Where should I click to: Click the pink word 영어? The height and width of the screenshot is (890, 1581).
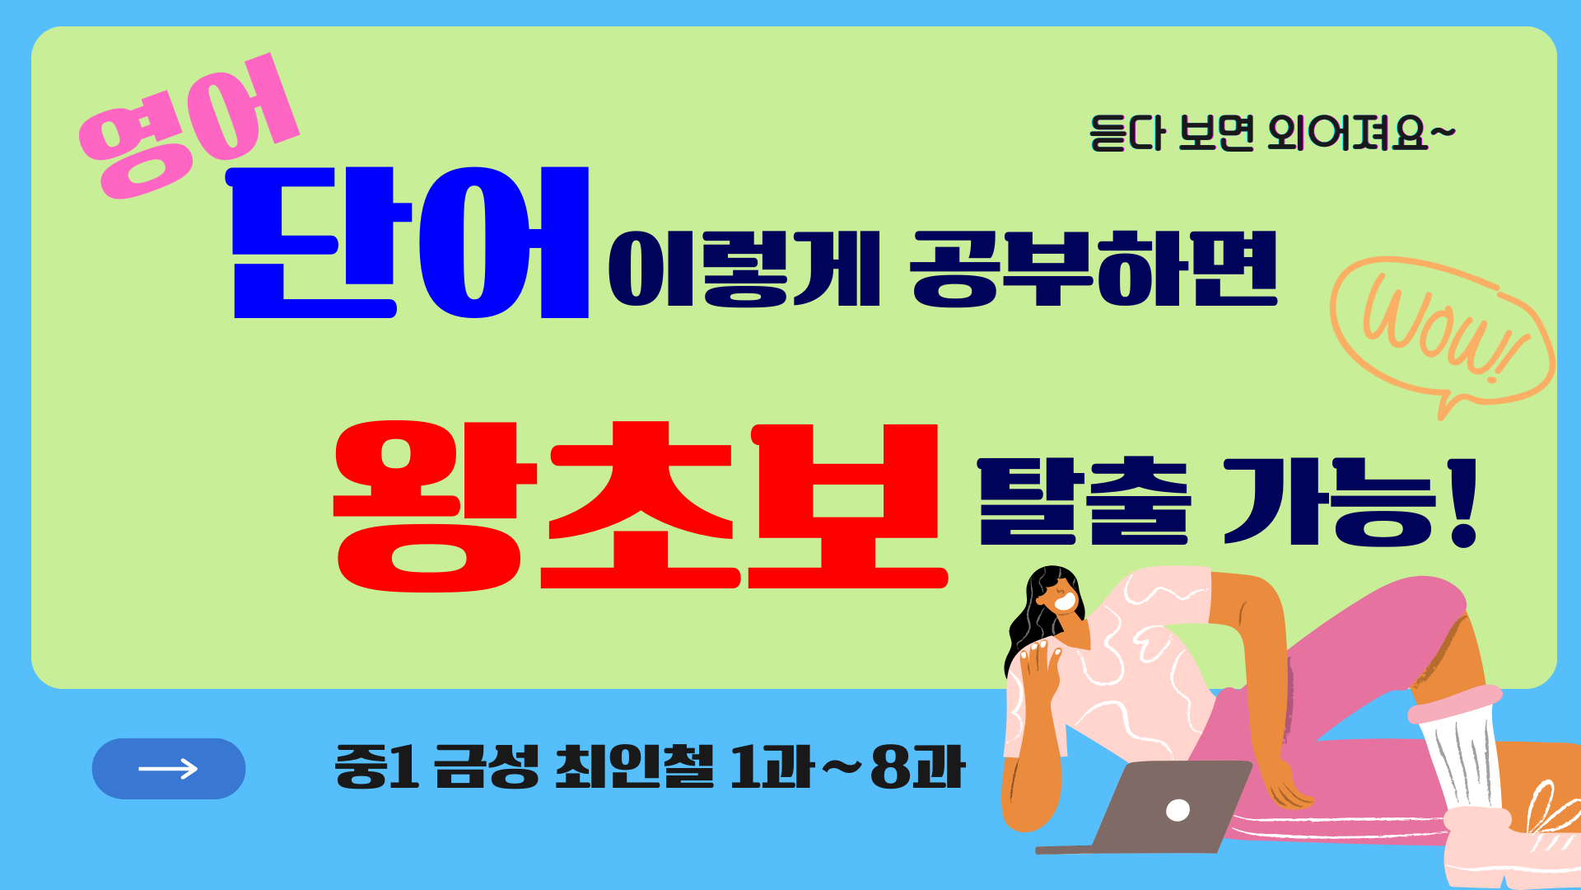click(x=188, y=128)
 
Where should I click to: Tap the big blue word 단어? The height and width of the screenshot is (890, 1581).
click(x=410, y=243)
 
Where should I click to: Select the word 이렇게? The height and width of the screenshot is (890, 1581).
click(x=744, y=269)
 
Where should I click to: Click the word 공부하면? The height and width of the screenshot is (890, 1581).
click(x=1094, y=269)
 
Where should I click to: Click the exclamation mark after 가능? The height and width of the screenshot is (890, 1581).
click(x=1464, y=503)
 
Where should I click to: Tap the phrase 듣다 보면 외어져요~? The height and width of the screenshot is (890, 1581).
click(x=1271, y=133)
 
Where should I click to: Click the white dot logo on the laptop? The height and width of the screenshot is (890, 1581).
click(x=1178, y=811)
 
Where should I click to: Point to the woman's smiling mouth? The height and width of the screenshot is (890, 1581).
click(x=1065, y=602)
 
